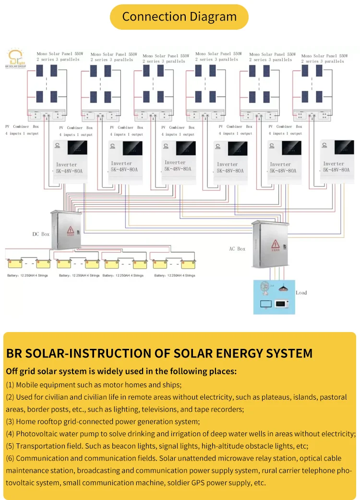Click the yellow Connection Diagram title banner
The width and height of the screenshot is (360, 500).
[179, 17]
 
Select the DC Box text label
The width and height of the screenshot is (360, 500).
[41, 234]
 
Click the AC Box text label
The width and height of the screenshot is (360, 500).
[237, 249]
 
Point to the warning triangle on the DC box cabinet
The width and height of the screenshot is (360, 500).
[70, 230]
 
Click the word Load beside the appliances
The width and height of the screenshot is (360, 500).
[301, 293]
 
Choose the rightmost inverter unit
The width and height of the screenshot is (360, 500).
[337, 162]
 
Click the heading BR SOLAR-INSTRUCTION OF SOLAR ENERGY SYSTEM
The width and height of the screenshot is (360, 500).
[159, 354]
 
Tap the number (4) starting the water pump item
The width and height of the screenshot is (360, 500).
[10, 434]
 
